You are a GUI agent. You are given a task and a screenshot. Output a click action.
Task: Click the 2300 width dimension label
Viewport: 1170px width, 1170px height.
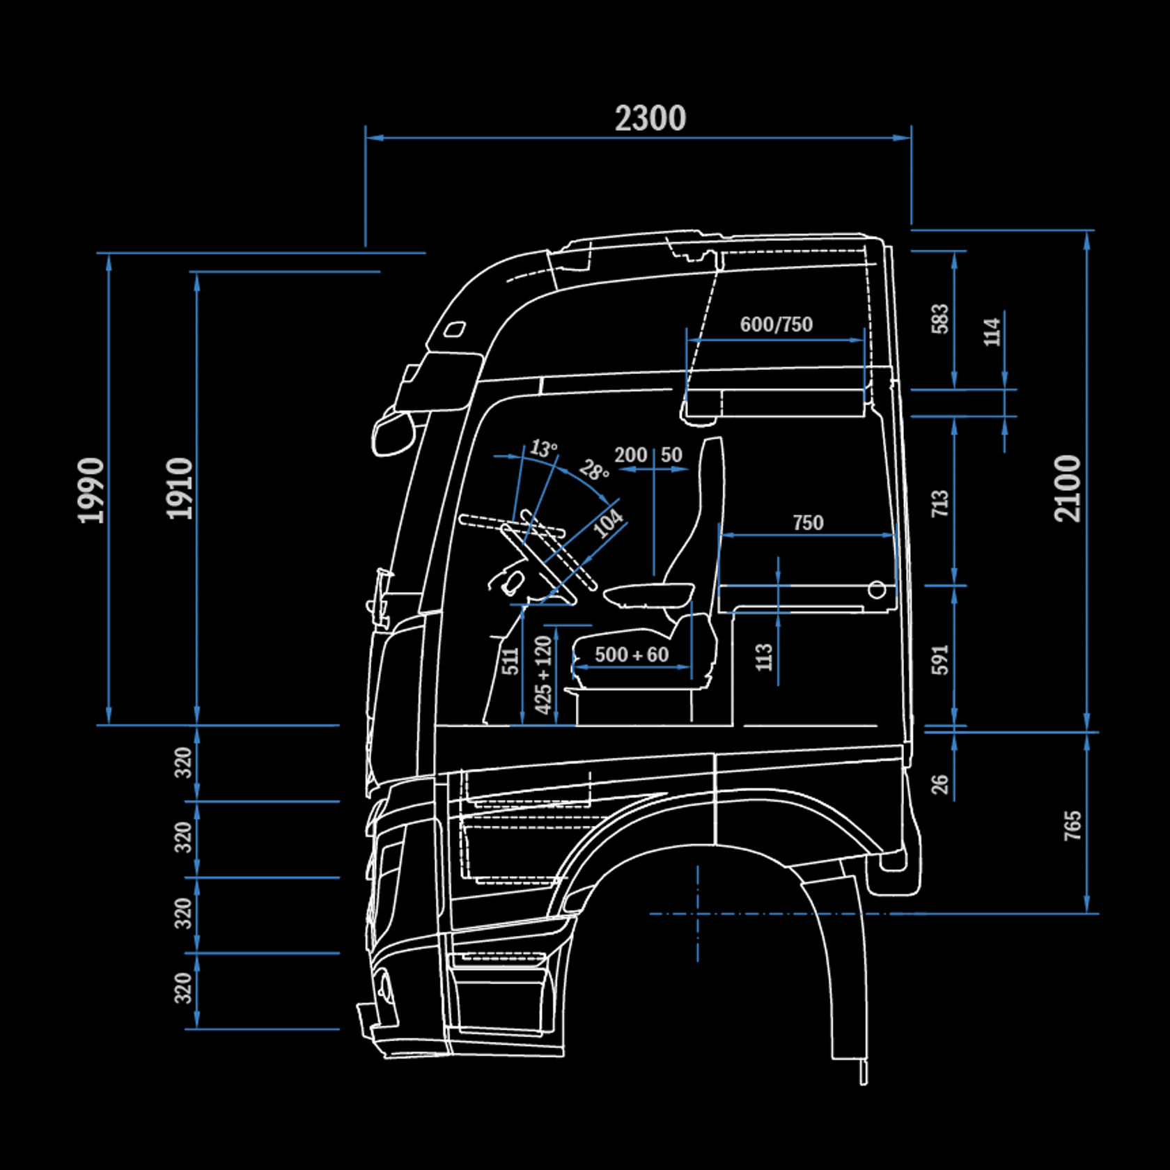(650, 118)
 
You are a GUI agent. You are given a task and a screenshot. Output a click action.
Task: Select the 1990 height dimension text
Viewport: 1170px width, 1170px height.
(91, 490)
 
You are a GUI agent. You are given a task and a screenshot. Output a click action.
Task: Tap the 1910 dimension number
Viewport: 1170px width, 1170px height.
(180, 488)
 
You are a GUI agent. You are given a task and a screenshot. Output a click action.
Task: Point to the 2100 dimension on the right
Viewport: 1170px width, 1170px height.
(1068, 488)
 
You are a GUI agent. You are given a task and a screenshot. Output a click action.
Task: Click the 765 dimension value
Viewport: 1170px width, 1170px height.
(1073, 825)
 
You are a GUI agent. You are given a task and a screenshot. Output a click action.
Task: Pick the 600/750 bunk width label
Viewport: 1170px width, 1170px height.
(776, 325)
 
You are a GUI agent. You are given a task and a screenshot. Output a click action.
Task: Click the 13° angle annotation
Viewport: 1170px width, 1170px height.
(543, 448)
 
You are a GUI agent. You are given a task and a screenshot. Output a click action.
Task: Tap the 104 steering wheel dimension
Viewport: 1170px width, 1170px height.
(608, 523)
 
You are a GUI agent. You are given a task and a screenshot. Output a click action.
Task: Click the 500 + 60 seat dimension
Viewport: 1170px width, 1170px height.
(631, 655)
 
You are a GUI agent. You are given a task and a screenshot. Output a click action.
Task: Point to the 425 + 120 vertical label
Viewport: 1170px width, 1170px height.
(543, 674)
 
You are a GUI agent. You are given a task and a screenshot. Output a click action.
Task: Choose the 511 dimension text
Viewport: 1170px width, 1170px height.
(511, 661)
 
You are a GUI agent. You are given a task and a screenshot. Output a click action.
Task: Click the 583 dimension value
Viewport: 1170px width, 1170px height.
(940, 319)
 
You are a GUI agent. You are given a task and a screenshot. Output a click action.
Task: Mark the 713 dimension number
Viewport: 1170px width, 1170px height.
(940, 503)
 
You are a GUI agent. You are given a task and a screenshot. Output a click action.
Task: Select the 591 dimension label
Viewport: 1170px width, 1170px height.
(940, 660)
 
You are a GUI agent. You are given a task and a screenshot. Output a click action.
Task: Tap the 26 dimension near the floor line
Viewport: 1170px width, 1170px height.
(940, 783)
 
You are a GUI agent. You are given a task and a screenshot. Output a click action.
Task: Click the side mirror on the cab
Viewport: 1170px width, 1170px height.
(391, 433)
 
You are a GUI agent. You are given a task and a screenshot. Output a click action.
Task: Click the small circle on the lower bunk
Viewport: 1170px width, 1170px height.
(877, 590)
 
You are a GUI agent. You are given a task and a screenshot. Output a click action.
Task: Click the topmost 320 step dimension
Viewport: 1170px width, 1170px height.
(183, 763)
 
